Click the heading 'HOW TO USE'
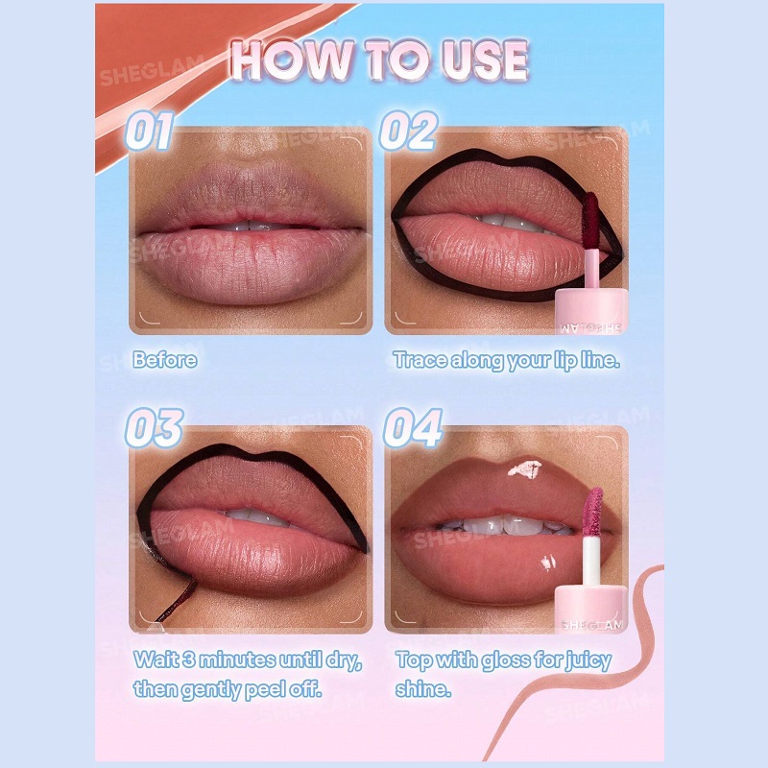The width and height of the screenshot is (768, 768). point(379,60)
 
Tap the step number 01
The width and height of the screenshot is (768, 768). point(150,131)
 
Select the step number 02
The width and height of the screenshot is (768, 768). point(409,131)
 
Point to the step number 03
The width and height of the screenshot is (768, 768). point(155,427)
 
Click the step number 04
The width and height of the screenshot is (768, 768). point(414,427)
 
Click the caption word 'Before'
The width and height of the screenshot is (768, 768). point(165,360)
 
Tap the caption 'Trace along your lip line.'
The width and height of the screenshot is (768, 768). point(507,361)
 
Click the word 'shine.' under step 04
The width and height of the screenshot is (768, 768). point(423,689)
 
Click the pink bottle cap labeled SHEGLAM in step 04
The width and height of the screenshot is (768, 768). point(590,608)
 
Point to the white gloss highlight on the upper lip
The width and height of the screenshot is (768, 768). point(524,468)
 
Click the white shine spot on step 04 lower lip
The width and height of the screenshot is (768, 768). point(548,564)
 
